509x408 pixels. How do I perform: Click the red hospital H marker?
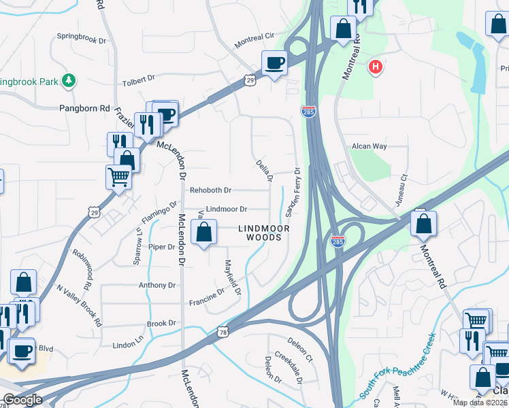pos(374,67)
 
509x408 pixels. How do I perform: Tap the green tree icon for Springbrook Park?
pos(68,82)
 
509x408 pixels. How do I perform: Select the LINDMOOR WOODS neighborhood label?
pos(263,233)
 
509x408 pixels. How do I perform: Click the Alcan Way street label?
pos(369,146)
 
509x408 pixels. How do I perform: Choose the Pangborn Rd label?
pos(84,108)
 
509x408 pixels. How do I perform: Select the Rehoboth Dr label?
pos(211,190)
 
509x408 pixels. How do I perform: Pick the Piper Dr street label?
pos(162,247)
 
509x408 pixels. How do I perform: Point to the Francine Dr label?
pos(207,296)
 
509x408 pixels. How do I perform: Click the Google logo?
pos(22,401)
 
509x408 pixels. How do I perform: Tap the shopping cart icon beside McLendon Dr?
pos(119,178)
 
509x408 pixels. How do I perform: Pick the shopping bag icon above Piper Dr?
pos(203,233)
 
